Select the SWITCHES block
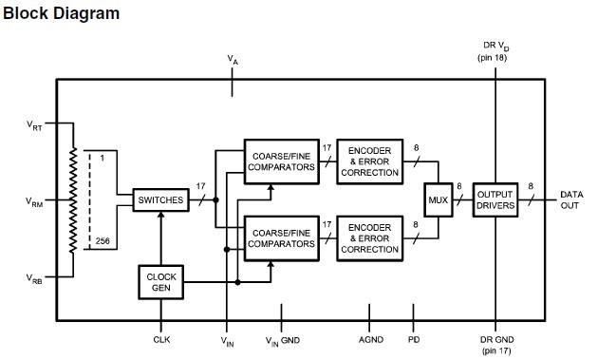coord(160,200)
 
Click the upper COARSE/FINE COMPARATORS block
coord(280,159)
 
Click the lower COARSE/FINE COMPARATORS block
coord(280,237)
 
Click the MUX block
coord(437,199)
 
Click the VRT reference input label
coord(35,124)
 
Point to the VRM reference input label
coord(35,201)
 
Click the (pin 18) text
coord(494,58)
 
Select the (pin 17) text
coord(494,351)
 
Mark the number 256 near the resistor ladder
coord(103,242)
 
